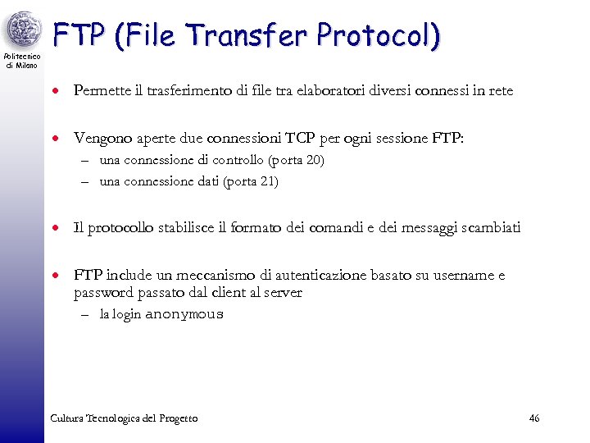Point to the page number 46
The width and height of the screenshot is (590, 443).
pyautogui.click(x=534, y=418)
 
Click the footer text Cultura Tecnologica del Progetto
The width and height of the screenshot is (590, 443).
pyautogui.click(x=124, y=418)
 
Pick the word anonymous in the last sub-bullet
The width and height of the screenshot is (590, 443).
pyautogui.click(x=184, y=314)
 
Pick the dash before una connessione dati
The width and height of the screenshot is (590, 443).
pyautogui.click(x=85, y=182)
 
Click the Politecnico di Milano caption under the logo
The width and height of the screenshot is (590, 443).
pyautogui.click(x=21, y=61)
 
